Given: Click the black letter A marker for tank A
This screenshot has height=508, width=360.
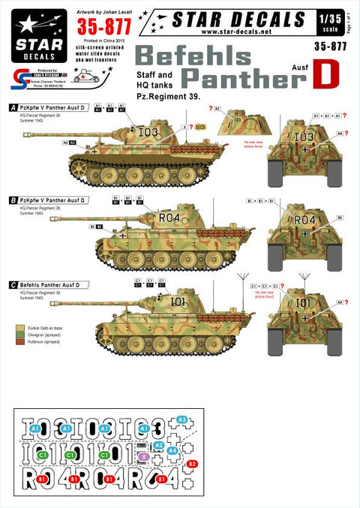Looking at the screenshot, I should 13,107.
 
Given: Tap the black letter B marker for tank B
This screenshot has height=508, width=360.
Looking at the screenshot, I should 13,200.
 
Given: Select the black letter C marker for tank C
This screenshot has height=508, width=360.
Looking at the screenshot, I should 13,284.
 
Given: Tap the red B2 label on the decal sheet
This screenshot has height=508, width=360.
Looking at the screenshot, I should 193,464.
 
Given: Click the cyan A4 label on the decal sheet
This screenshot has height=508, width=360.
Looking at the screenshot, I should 172,451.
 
